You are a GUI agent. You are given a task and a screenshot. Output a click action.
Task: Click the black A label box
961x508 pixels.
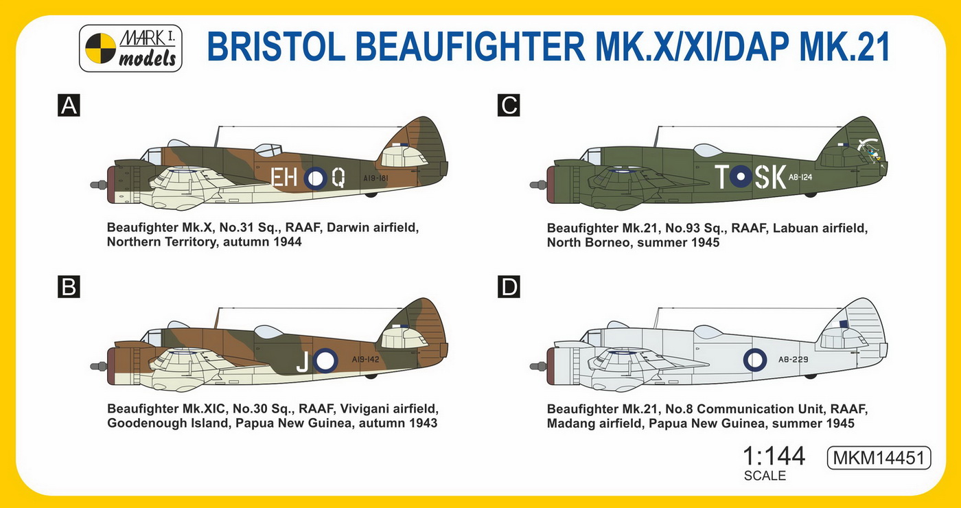point(69,106)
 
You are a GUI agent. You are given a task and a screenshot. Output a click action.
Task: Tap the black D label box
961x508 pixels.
point(509,287)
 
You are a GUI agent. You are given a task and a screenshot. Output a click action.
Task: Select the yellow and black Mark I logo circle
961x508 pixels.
point(100,48)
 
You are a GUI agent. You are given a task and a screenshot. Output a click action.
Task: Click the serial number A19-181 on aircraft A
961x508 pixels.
point(375,178)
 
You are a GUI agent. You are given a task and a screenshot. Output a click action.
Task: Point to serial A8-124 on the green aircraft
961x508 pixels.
point(800,177)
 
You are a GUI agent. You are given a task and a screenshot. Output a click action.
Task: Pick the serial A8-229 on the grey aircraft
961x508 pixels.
point(794,360)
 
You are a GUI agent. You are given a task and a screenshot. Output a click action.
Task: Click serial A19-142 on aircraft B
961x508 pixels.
point(365,360)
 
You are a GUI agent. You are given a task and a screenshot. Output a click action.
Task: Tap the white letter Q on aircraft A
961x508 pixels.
point(338,177)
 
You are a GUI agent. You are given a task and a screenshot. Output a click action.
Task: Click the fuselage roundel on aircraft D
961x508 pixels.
point(754,360)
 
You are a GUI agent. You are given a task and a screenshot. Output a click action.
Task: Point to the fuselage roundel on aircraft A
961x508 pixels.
point(315,178)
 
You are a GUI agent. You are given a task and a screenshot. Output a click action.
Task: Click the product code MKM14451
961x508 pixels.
point(879,458)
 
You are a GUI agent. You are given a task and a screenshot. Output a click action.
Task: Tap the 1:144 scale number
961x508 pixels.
point(774,456)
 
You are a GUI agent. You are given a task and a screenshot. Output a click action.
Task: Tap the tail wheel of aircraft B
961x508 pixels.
point(371,376)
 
